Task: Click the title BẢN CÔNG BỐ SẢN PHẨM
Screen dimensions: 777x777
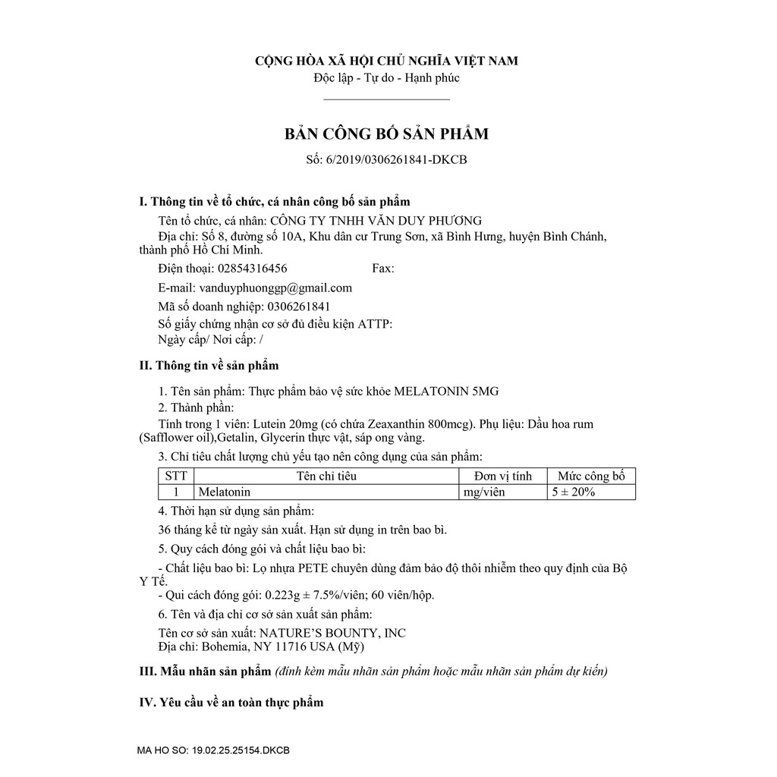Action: point(386,134)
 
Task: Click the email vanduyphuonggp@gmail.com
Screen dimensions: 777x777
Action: point(275,288)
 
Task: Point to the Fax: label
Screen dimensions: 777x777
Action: point(383,269)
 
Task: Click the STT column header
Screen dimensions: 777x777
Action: point(175,477)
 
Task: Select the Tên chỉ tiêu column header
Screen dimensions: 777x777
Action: point(326,477)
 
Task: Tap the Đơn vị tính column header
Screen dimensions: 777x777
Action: point(503,477)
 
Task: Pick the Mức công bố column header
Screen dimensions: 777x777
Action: point(591,477)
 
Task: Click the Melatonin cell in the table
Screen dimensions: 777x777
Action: point(224,492)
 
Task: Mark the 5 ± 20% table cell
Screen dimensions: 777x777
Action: point(574,492)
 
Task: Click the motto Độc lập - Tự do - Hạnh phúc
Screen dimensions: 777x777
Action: point(386,77)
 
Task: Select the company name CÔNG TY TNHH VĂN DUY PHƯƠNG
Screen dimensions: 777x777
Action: point(376,221)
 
